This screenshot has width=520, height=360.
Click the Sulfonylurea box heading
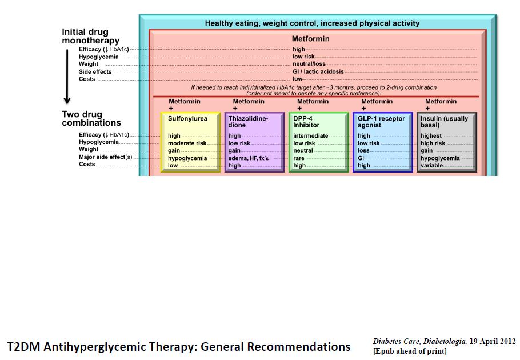pyautogui.click(x=187, y=119)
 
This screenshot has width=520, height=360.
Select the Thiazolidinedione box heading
pyautogui.click(x=248, y=122)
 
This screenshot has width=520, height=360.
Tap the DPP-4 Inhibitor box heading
pyautogui.click(x=306, y=122)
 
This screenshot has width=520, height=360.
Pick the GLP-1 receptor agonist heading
pyautogui.click(x=381, y=122)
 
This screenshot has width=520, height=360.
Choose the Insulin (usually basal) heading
pyautogui.click(x=444, y=122)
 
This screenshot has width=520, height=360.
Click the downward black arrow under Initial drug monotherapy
pyautogui.click(x=67, y=77)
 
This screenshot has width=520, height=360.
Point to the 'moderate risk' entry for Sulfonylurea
pyautogui.click(x=187, y=143)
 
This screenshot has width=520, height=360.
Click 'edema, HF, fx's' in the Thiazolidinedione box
pyautogui.click(x=249, y=158)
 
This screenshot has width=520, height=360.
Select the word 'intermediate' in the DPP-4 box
pyautogui.click(x=310, y=135)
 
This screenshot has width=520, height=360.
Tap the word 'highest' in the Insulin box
pyautogui.click(x=431, y=135)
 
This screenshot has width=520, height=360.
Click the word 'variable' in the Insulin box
pyautogui.click(x=431, y=165)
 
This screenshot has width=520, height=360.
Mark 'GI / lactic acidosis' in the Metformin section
pyautogui.click(x=318, y=71)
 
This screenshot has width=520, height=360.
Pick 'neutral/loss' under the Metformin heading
pyautogui.click(x=309, y=63)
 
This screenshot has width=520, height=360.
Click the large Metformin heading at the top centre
pyautogui.click(x=310, y=39)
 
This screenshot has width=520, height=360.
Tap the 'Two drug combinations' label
pyautogui.click(x=91, y=118)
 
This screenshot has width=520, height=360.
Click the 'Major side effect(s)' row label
pyautogui.click(x=106, y=157)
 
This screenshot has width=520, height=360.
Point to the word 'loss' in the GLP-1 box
pyautogui.click(x=363, y=150)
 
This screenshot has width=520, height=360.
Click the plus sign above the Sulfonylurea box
pyautogui.click(x=171, y=109)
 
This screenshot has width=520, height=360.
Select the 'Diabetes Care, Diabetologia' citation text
pyautogui.click(x=419, y=341)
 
